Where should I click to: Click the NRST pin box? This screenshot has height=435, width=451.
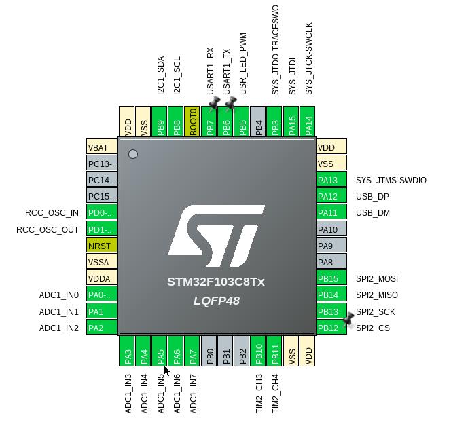(x=102, y=246)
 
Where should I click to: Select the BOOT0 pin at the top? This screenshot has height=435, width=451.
(x=193, y=121)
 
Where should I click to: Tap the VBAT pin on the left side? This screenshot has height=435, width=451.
(x=102, y=147)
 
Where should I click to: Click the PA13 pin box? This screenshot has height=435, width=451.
(x=331, y=180)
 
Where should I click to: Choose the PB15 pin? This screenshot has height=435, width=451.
(x=331, y=278)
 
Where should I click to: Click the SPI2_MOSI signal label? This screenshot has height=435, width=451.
(x=377, y=279)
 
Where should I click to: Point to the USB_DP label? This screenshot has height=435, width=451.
(x=372, y=197)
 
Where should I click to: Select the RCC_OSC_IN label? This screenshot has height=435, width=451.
(x=52, y=213)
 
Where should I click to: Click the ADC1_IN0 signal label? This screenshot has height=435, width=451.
(x=59, y=295)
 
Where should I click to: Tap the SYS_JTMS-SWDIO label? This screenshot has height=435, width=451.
(x=391, y=181)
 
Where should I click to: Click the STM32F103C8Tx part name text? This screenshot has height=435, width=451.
(x=216, y=282)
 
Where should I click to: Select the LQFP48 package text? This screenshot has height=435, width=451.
(x=216, y=300)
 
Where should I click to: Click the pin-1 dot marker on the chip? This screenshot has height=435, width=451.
(x=133, y=154)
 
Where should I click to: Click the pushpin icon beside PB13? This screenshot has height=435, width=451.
(x=349, y=318)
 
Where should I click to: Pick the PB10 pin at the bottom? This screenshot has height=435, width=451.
(x=259, y=352)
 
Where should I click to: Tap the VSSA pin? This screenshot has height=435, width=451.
(x=102, y=262)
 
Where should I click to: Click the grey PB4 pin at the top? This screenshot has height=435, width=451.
(x=258, y=121)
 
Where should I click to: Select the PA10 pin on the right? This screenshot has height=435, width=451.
(x=331, y=229)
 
